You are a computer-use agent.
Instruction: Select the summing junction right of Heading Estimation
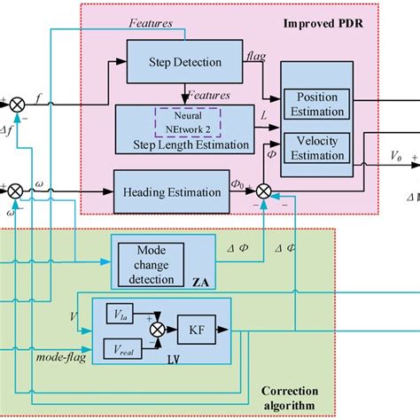pyautogui.click(x=263, y=189)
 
